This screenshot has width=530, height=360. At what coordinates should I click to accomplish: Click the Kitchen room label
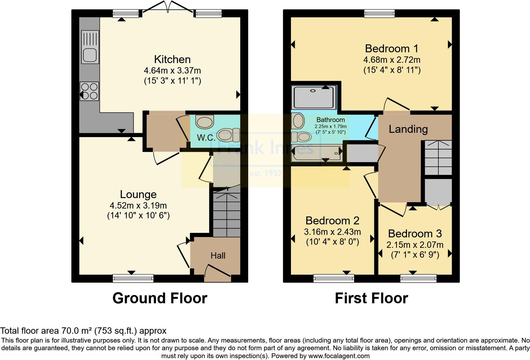click(172, 59)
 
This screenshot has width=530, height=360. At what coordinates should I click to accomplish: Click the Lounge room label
click(138, 194)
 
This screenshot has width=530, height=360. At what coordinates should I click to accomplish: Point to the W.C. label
click(206, 138)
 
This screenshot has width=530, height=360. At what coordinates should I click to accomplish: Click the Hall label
click(218, 255)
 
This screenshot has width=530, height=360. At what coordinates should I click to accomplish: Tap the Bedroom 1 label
click(391, 48)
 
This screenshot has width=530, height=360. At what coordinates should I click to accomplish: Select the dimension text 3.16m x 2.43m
click(332, 232)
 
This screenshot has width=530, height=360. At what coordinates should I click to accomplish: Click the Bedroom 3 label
click(415, 234)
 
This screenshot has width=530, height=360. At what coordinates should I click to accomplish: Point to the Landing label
click(408, 129)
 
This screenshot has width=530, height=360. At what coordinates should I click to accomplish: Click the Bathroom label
click(330, 120)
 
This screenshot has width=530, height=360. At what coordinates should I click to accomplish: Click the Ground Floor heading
click(160, 298)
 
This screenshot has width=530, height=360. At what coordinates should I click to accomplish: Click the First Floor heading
click(371, 298)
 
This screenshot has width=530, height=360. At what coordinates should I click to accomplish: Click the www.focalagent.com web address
click(339, 356)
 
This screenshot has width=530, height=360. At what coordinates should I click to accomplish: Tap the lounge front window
click(133, 278)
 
